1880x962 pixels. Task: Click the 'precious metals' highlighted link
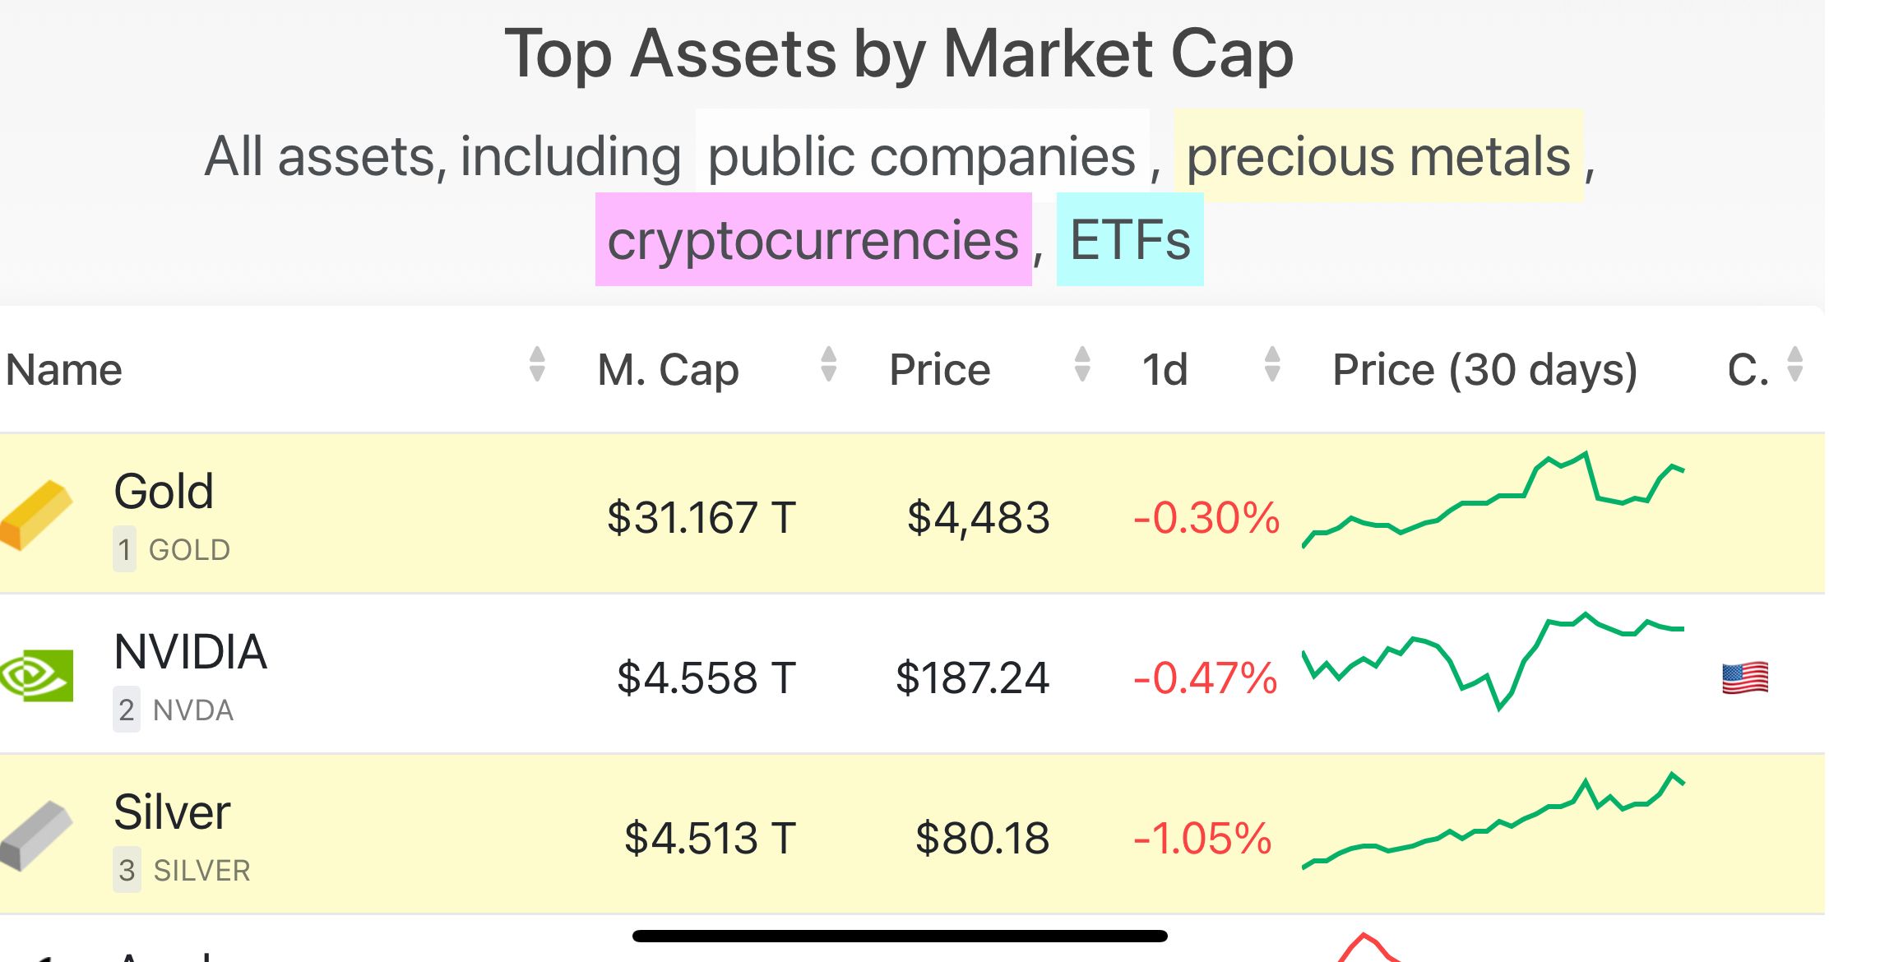click(x=1378, y=156)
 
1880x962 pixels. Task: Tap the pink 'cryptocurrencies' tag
click(x=813, y=240)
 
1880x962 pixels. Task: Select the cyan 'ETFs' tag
click(x=1129, y=240)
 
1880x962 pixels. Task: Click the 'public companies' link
click(x=921, y=156)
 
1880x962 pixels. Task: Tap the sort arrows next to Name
click(x=537, y=364)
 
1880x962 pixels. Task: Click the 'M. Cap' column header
click(x=668, y=369)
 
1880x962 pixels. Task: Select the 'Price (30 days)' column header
click(x=1484, y=369)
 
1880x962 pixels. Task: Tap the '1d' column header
click(x=1165, y=369)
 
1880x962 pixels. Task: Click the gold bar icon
click(x=37, y=515)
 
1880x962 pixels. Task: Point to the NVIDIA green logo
click(x=37, y=675)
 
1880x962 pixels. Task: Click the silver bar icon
click(x=37, y=835)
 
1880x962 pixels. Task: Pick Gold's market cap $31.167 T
click(x=702, y=518)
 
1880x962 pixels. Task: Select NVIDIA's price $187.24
click(x=972, y=678)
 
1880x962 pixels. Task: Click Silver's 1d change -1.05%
click(x=1202, y=839)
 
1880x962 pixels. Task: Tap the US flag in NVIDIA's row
click(x=1744, y=678)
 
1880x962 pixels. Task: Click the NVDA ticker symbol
click(x=193, y=710)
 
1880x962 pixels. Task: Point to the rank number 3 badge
click(x=127, y=870)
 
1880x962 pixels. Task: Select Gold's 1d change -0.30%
click(x=1206, y=518)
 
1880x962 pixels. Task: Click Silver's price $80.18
click(x=982, y=839)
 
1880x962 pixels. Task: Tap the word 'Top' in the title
click(x=558, y=54)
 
